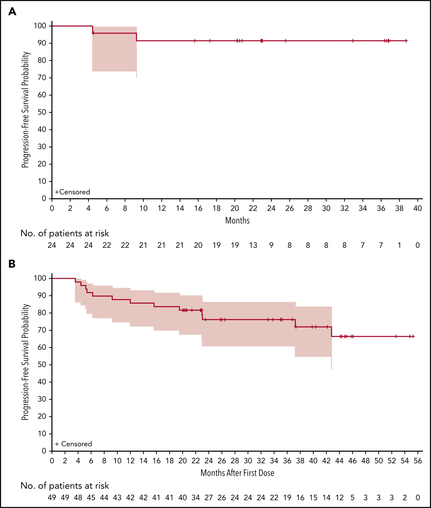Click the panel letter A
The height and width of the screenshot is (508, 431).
[x=12, y=12]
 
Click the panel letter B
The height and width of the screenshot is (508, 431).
[x=12, y=264]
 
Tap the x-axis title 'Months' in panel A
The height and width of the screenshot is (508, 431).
[x=237, y=220]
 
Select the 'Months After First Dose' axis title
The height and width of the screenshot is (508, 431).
[x=237, y=473]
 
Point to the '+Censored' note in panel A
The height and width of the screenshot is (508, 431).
[x=73, y=192]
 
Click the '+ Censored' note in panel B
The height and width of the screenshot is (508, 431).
[x=73, y=444]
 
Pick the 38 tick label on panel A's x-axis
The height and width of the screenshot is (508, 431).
[x=399, y=208]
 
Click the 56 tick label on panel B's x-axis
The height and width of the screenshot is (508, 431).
[x=418, y=461]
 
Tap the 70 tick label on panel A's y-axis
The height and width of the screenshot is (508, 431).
[x=42, y=78]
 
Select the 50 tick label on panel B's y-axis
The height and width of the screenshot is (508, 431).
[x=42, y=365]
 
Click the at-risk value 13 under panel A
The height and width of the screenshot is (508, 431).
[x=253, y=245]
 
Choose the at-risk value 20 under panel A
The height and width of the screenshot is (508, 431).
[x=198, y=245]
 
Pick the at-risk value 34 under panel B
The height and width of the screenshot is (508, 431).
[x=196, y=498]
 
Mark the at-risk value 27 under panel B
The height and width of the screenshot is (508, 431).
[x=209, y=498]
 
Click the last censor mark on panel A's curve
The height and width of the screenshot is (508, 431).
[x=406, y=41]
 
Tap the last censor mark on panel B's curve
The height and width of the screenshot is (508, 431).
[x=413, y=336]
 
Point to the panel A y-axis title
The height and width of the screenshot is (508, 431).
[x=26, y=110]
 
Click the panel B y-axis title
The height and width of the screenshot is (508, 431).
[x=26, y=362]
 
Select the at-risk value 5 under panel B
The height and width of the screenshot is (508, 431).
[x=352, y=498]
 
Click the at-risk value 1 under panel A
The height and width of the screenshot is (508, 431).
[x=399, y=245]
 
